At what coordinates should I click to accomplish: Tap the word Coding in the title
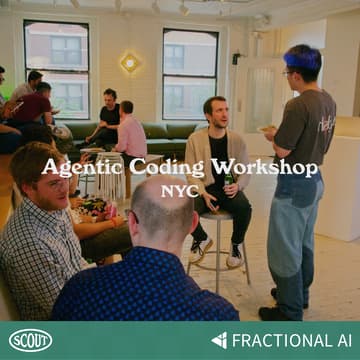pyautogui.click(x=153, y=168)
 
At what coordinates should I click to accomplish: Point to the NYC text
pyautogui.click(x=180, y=189)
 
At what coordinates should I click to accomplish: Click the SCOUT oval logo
pyautogui.click(x=30, y=340)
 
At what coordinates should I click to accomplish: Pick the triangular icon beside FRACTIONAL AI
pyautogui.click(x=219, y=340)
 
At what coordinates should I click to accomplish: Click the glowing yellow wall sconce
pyautogui.click(x=129, y=63)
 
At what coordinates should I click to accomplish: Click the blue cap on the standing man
pyautogui.click(x=301, y=60)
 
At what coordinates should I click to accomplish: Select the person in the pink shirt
pyautogui.click(x=131, y=137)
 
